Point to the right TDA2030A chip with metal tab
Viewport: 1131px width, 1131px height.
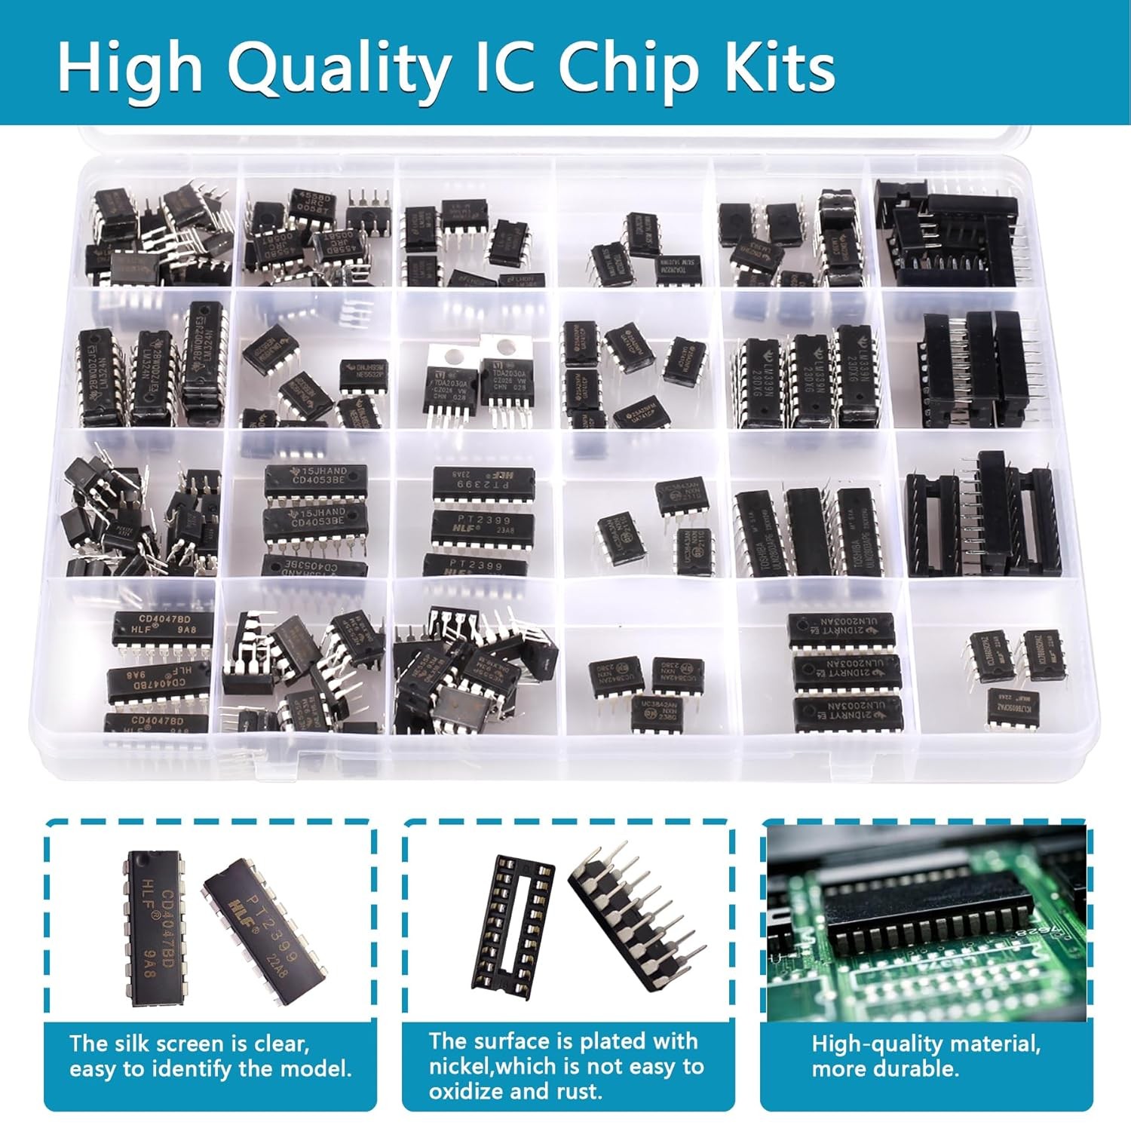(x=507, y=385)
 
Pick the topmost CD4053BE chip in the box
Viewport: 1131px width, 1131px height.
(x=316, y=480)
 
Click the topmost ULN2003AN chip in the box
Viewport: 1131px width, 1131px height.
(x=841, y=630)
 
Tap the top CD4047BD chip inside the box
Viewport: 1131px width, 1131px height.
(x=163, y=628)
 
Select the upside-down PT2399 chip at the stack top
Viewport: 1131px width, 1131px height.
(x=483, y=483)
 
